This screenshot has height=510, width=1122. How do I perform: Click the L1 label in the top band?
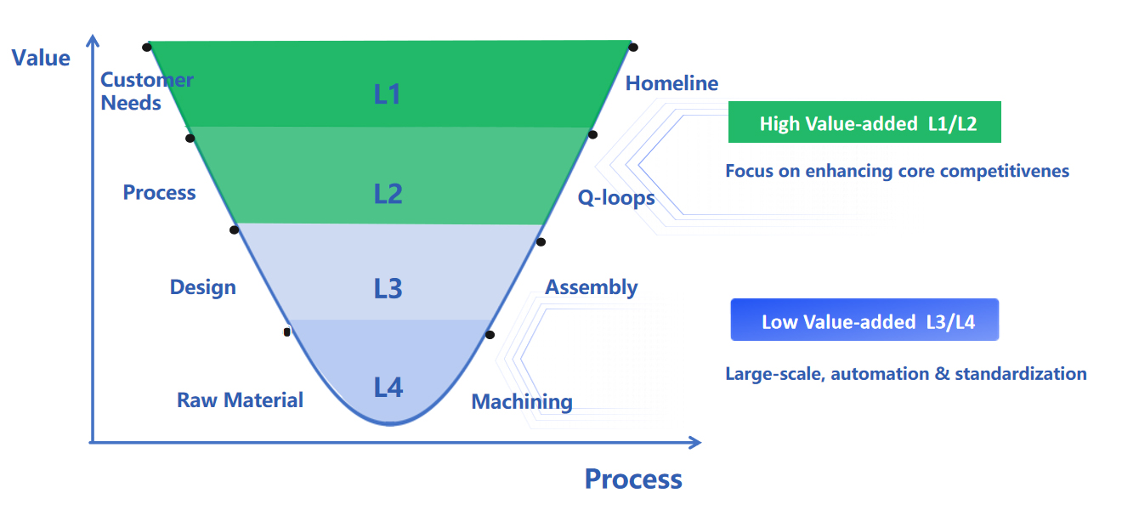(387, 93)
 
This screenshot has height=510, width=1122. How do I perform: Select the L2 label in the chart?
(388, 194)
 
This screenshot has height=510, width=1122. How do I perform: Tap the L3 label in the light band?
(388, 288)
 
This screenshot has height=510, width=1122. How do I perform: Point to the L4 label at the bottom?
(388, 388)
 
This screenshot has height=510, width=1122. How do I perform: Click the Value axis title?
(41, 58)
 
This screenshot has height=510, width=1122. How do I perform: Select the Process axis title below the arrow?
(633, 479)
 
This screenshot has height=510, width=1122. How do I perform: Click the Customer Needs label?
(146, 91)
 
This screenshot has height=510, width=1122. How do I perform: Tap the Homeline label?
(671, 83)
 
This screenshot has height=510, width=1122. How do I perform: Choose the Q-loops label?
(616, 198)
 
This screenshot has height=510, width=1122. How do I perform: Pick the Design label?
(202, 287)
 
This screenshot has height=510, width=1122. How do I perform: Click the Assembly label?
(591, 287)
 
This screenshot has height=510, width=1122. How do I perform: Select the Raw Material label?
(240, 400)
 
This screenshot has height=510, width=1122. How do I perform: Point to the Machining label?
(522, 401)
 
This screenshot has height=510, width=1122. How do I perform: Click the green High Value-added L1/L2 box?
(864, 123)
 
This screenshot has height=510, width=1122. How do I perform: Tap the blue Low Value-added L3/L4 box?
(864, 321)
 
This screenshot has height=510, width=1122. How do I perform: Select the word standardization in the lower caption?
(1021, 373)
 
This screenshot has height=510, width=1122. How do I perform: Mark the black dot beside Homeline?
(633, 48)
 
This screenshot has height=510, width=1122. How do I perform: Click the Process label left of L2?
(159, 193)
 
